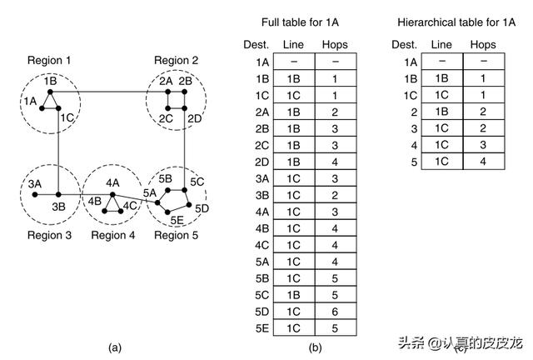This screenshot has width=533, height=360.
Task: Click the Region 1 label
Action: tap(49, 60)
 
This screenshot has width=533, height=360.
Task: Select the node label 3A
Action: tap(34, 183)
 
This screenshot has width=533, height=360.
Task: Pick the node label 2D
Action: tap(194, 119)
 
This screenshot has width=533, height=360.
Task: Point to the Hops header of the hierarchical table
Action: tap(482, 44)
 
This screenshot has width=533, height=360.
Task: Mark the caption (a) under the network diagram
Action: tap(114, 347)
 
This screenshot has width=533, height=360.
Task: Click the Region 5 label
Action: tap(177, 235)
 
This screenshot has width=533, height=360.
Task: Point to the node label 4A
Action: tap(112, 182)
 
